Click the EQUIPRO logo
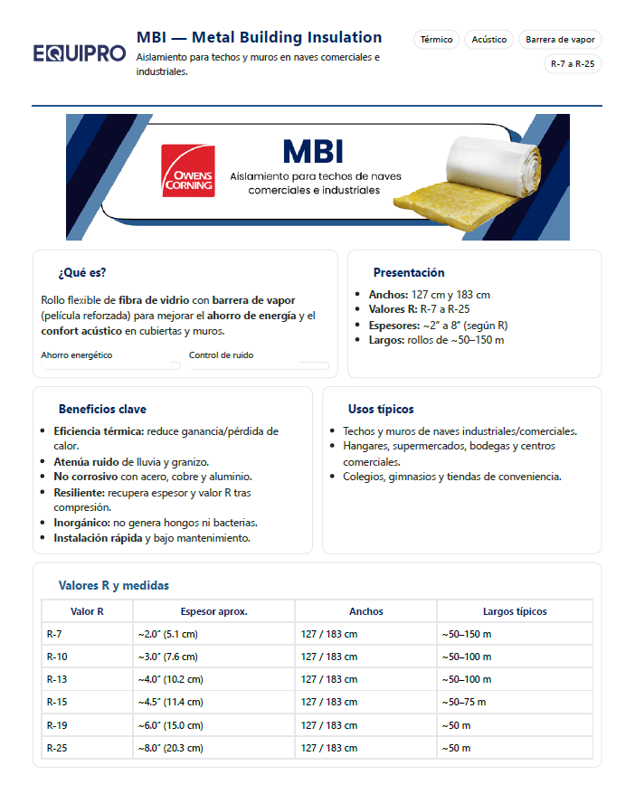pyautogui.click(x=80, y=53)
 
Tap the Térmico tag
pyautogui.click(x=437, y=40)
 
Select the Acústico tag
pyautogui.click(x=489, y=40)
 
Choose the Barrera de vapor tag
pyautogui.click(x=559, y=40)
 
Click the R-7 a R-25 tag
pyautogui.click(x=573, y=64)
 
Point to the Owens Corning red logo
pyautogui.click(x=187, y=171)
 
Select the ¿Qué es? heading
pyautogui.click(x=76, y=272)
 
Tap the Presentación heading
pyautogui.click(x=409, y=272)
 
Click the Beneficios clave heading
pyautogui.click(x=102, y=409)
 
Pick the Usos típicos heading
pyautogui.click(x=381, y=409)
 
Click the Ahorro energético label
pyautogui.click(x=77, y=355)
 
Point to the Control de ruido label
pyautogui.click(x=221, y=355)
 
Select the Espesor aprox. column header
pyautogui.click(x=213, y=611)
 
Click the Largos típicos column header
pyautogui.click(x=515, y=611)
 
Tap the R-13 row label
pyautogui.click(x=56, y=679)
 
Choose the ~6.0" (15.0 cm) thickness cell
pyautogui.click(x=170, y=725)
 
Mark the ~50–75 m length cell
pyautogui.click(x=463, y=703)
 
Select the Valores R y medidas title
pyautogui.click(x=114, y=585)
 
